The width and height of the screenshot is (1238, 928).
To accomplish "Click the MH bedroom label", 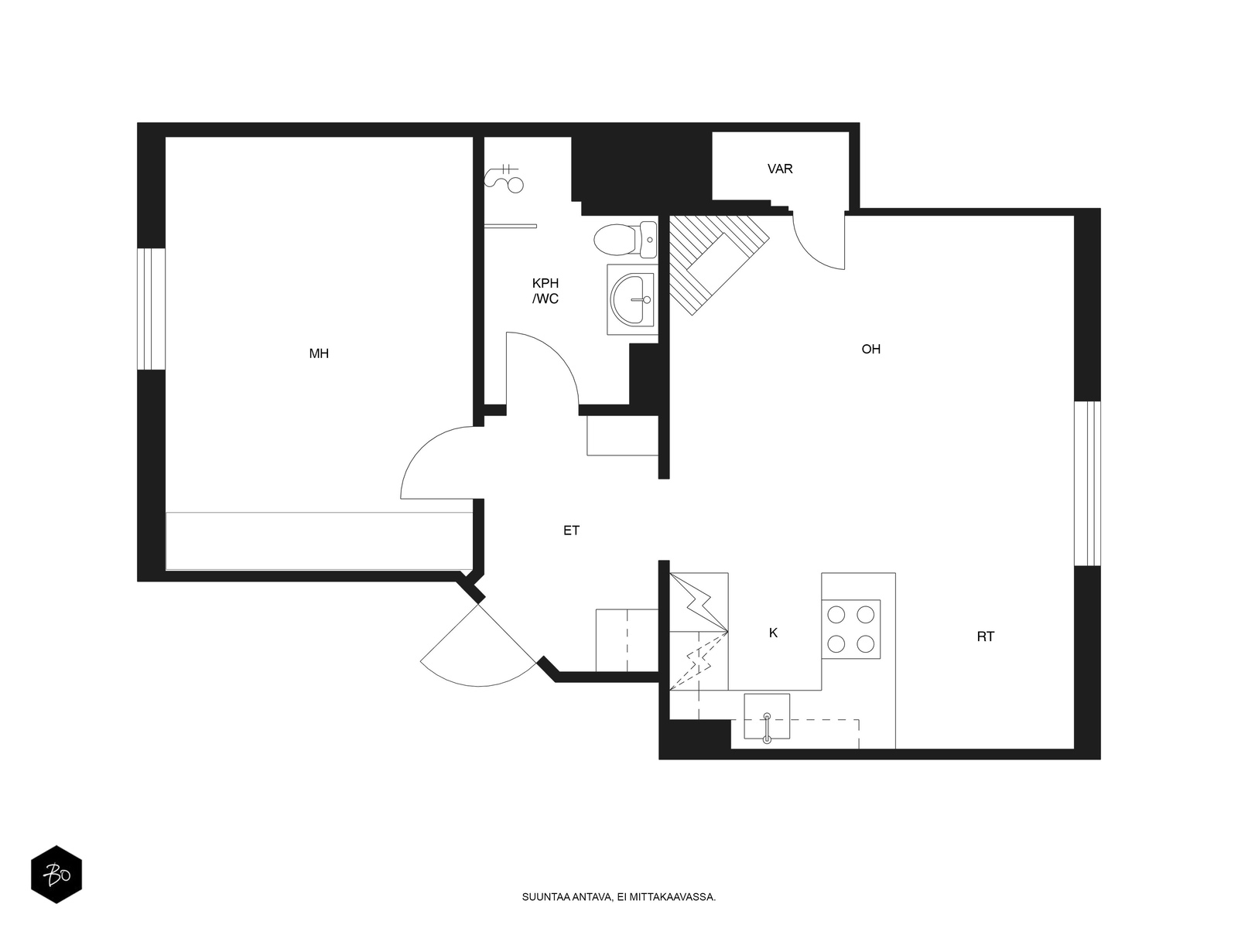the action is point(319,353).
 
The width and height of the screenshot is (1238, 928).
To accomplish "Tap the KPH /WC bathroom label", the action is point(545,291).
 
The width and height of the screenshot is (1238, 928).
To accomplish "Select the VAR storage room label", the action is point(780,169).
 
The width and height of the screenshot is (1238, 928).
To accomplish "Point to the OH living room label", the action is point(870,349).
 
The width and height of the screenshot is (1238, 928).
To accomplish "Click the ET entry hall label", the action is point(571,531).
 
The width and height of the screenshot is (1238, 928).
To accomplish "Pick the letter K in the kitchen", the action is point(773,633).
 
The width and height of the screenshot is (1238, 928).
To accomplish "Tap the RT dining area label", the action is point(985,636).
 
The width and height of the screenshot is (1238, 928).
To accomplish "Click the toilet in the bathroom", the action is point(625,240).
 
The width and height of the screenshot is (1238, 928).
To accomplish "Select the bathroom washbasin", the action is point(631,299).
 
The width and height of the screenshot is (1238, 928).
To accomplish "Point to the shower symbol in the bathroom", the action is point(504,179).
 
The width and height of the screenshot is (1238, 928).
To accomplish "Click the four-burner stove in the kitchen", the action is point(850,629).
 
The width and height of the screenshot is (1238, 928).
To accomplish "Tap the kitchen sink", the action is point(767,716).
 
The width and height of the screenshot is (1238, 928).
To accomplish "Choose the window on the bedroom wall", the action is point(152,309).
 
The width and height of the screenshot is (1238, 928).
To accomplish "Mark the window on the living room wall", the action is point(1087,483).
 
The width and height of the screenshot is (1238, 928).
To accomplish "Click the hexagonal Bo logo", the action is point(56,874).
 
